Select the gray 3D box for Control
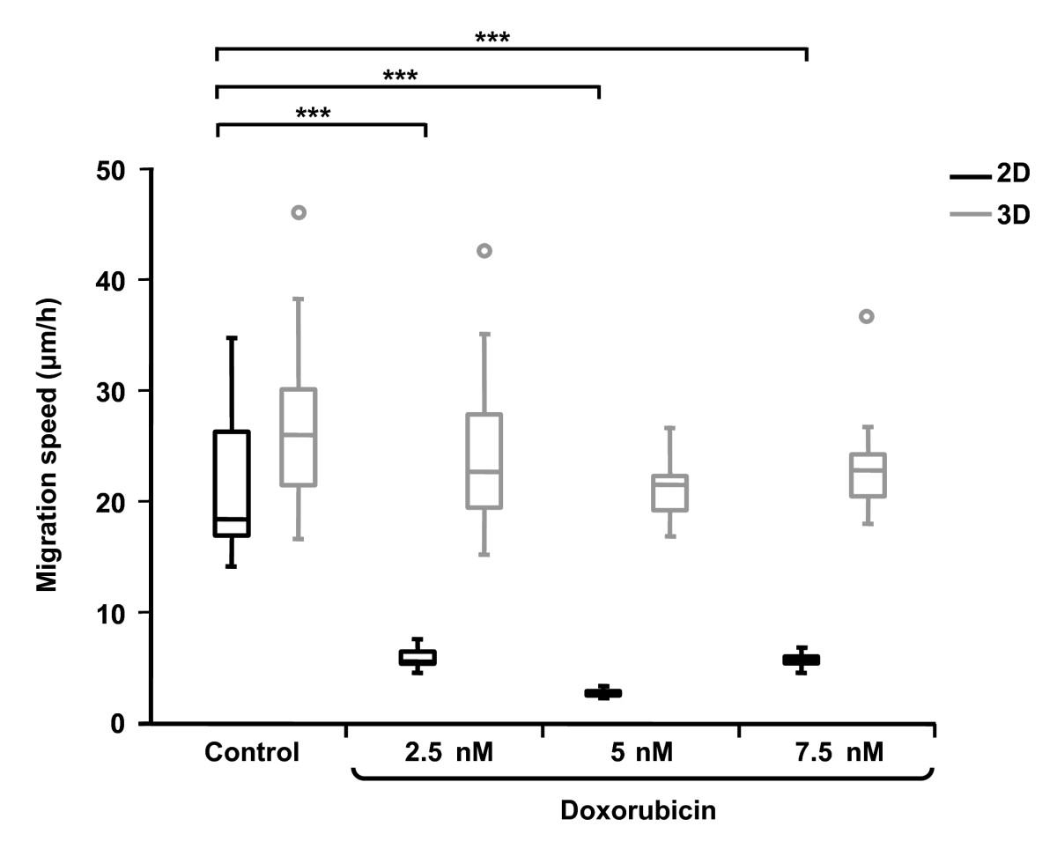299,437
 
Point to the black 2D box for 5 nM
603,693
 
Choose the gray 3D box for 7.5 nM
868,476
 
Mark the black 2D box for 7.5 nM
802,660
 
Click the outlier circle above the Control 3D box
299,212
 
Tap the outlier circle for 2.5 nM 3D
484,251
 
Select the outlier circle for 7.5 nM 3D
867,316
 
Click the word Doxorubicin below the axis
638,811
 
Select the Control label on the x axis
253,753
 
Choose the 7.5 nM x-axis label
835,753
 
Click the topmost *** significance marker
492,38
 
